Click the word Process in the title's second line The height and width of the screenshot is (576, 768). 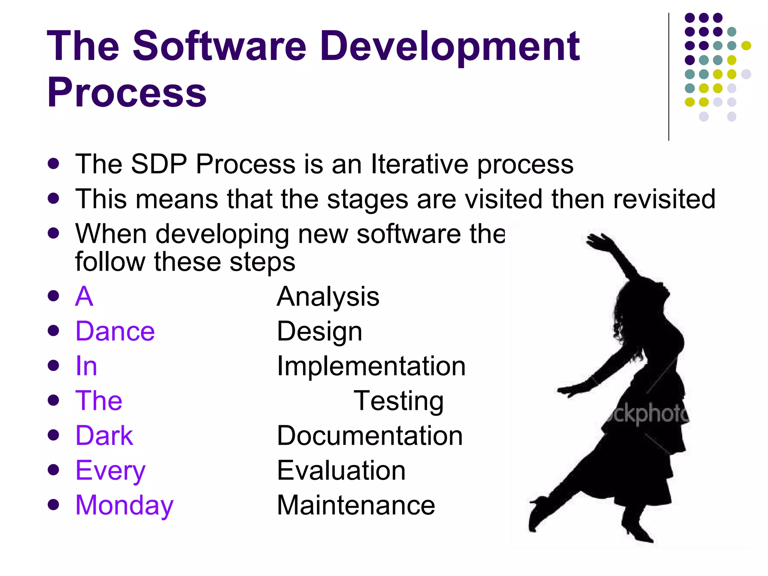[x=127, y=92]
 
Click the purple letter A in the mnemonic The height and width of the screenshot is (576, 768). [x=84, y=296]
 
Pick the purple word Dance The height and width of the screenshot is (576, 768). [x=115, y=331]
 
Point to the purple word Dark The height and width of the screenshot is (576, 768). [x=104, y=435]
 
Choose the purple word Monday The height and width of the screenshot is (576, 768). [x=124, y=505]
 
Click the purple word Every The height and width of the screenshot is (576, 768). [x=110, y=470]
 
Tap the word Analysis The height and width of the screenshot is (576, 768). [x=328, y=296]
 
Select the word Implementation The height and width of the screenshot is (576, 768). [x=371, y=366]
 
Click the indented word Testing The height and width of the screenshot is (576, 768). [x=398, y=401]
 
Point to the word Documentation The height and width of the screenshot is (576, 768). [x=370, y=435]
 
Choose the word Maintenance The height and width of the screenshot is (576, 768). [x=355, y=505]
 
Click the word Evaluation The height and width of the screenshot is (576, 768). [x=341, y=470]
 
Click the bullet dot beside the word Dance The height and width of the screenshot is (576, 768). [x=54, y=331]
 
